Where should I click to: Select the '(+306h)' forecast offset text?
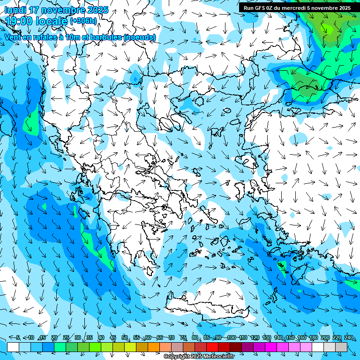click(83, 21)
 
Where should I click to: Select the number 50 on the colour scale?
click(125, 337)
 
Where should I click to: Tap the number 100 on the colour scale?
click(231, 337)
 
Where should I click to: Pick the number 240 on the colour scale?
click(348, 337)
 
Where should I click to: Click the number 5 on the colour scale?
click(18, 337)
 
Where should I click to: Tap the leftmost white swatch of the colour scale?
click(13, 347)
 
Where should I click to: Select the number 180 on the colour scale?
click(313, 337)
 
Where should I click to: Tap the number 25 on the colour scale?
click(66, 337)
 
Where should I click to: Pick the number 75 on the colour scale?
click(183, 337)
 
